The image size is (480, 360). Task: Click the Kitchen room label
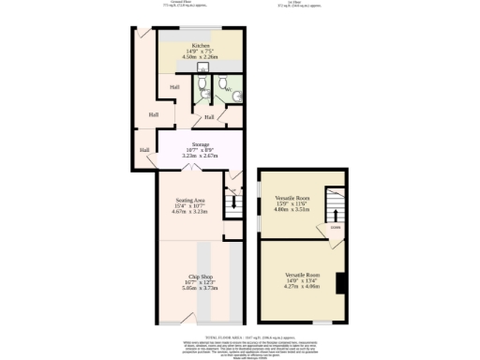pyautogui.click(x=201, y=45)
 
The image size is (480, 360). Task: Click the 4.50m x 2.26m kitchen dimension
pyautogui.click(x=201, y=56)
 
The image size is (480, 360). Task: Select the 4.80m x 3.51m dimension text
pyautogui.click(x=292, y=210)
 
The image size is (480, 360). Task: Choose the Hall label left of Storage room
pyautogui.click(x=144, y=149)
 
